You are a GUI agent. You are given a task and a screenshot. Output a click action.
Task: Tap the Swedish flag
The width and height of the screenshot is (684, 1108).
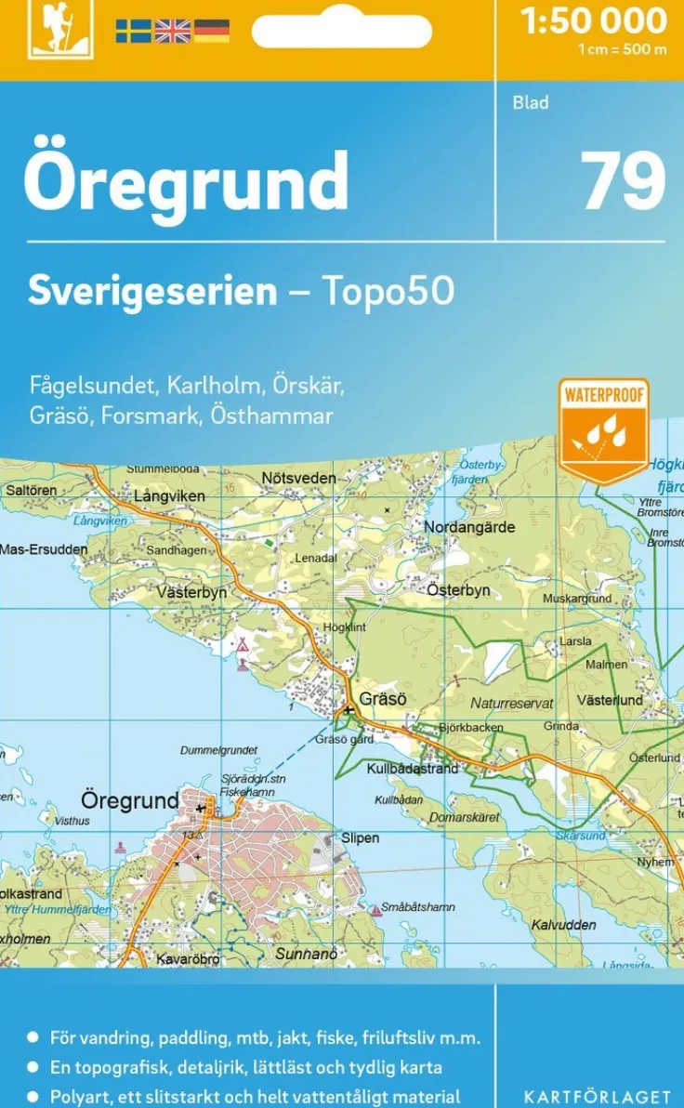(133, 31)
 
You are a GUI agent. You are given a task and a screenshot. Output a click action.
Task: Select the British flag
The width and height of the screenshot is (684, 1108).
(172, 31)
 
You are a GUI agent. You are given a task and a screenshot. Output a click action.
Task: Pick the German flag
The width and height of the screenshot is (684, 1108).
(211, 31)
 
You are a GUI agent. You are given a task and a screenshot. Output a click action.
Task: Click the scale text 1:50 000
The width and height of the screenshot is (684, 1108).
(594, 20)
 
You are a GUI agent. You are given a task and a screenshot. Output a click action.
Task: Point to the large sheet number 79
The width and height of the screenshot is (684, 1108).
(624, 182)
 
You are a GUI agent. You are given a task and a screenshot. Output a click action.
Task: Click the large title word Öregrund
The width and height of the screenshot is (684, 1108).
(186, 182)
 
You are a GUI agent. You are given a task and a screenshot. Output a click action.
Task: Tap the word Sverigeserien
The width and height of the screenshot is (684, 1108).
(152, 291)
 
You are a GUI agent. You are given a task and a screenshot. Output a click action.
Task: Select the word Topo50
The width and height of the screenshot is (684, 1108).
(388, 291)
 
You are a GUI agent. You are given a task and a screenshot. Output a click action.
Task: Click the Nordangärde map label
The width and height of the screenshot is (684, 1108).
(468, 527)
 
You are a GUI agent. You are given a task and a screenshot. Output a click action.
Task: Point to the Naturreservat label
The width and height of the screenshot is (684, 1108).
(511, 704)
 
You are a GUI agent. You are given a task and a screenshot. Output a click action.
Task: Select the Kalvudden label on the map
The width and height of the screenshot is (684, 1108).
(564, 925)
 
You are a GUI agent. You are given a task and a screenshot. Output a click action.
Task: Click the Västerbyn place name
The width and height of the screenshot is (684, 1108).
(191, 592)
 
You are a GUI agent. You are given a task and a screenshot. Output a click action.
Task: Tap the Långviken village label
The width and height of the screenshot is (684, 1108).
(169, 496)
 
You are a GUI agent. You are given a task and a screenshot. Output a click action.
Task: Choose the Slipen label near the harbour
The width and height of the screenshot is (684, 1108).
(360, 838)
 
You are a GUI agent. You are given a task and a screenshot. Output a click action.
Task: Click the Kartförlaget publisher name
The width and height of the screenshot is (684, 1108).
(597, 1098)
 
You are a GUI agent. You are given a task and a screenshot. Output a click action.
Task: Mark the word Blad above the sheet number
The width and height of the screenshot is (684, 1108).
(531, 103)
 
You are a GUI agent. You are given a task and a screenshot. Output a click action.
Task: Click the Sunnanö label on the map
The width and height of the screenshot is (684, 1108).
(306, 954)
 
